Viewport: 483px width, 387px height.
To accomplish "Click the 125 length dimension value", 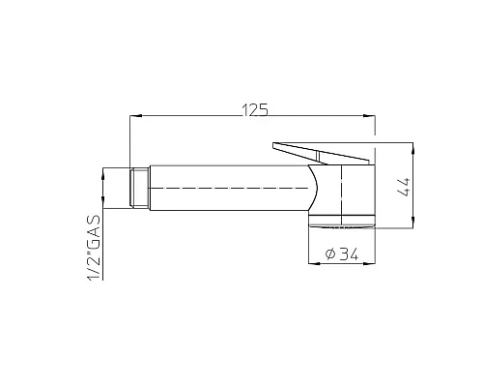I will coord(256,109).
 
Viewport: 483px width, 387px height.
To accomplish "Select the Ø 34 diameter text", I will coord(342,254).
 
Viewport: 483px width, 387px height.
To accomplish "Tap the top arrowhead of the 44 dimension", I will coord(412,148).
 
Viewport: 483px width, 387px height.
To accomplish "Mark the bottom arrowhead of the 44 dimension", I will coord(412,225).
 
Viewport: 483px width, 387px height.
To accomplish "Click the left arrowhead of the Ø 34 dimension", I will coord(312,262).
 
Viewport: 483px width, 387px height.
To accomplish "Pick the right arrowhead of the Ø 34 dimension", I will coord(370,262).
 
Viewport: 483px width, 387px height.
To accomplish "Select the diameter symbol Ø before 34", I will coord(330,254).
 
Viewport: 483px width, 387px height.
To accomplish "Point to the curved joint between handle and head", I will coord(315,185).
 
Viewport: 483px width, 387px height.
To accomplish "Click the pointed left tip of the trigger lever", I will coord(274,146).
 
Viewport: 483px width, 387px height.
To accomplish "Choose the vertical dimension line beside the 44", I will coord(412,187).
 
